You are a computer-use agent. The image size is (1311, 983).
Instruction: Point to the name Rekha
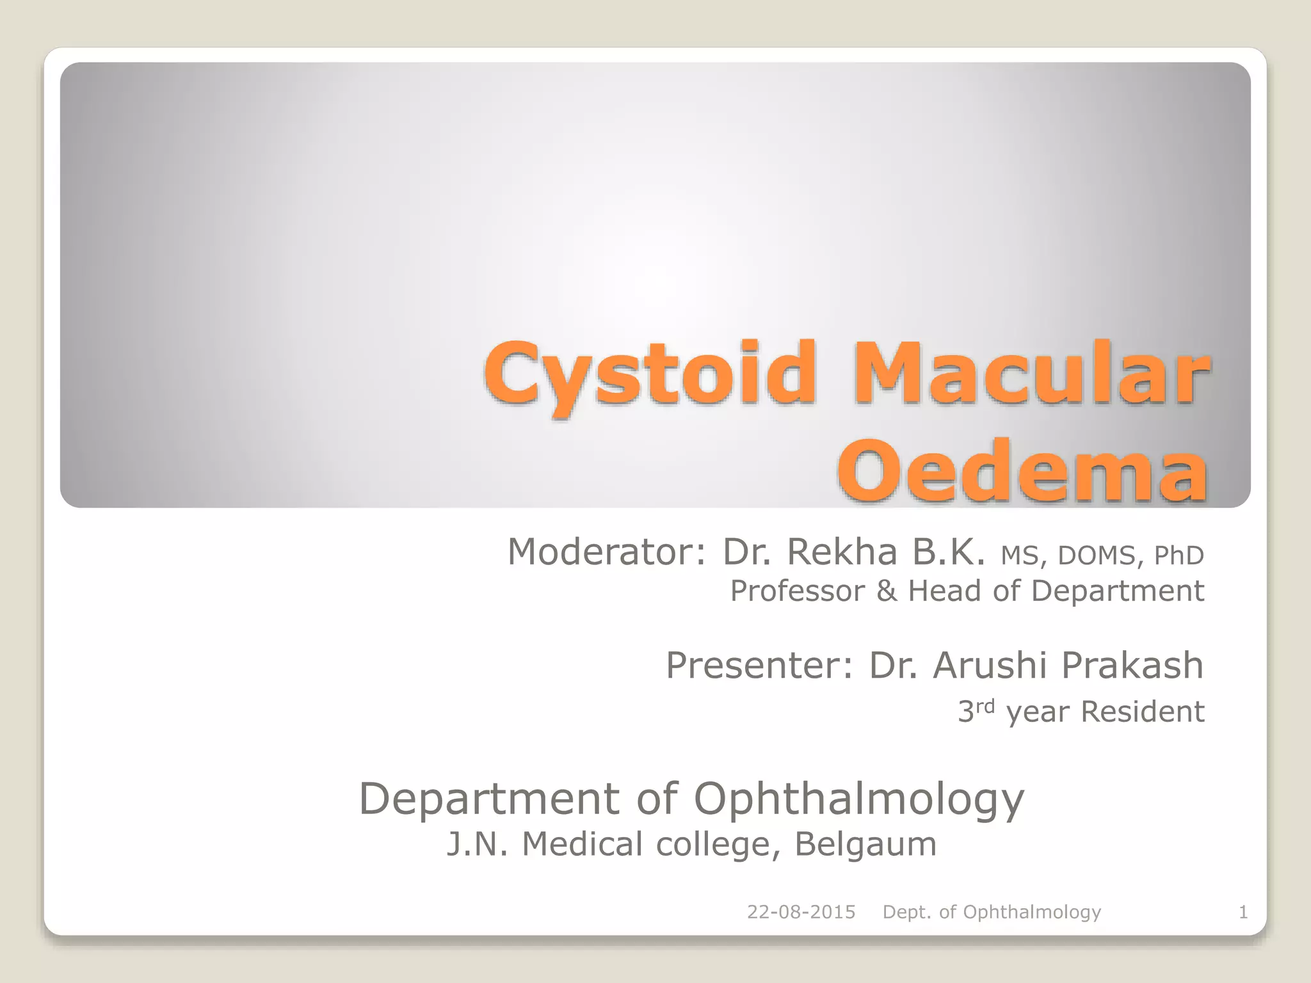point(842,552)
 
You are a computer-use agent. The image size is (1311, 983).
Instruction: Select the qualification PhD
point(1178,555)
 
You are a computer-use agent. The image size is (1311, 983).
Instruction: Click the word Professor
point(798,591)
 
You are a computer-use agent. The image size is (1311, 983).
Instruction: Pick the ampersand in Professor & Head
point(887,591)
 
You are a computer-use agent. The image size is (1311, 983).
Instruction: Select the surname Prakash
point(1132,665)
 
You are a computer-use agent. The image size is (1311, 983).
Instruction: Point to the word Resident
point(1143,712)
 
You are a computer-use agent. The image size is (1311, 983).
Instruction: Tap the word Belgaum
point(865,844)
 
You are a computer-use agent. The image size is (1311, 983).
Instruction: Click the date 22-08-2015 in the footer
point(801,912)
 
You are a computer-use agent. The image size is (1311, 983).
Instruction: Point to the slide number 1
point(1243,912)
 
